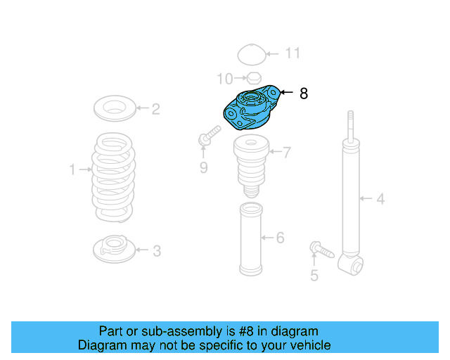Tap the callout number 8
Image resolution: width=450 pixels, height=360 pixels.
(304, 93)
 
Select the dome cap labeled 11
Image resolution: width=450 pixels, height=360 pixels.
(250, 55)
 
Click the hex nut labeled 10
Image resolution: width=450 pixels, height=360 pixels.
(255, 78)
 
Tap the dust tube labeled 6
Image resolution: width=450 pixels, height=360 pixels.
(251, 239)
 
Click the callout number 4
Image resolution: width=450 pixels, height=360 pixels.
(380, 199)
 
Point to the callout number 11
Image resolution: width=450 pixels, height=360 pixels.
(292, 53)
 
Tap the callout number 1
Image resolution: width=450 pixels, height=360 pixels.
(72, 169)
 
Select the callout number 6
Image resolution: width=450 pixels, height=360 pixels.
(280, 238)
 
